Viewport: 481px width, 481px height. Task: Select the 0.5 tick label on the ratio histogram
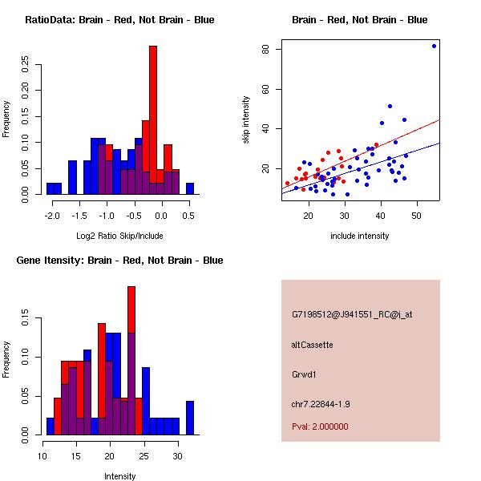(189, 216)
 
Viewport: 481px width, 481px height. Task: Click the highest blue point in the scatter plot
(434, 46)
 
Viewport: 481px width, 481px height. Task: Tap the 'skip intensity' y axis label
(246, 120)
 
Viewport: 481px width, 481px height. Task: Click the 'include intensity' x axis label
(360, 236)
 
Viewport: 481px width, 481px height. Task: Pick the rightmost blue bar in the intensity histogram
(190, 417)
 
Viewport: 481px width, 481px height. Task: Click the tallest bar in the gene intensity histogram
(131, 353)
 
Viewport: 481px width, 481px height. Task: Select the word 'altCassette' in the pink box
(312, 344)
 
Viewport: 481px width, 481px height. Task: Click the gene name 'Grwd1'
(304, 374)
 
